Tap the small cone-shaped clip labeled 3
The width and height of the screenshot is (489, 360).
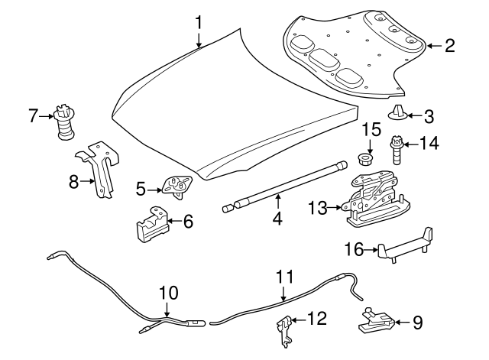pyautogui.click(x=397, y=115)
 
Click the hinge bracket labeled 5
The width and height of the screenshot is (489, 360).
pyautogui.click(x=176, y=186)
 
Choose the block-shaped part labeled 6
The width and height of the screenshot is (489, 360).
pyautogui.click(x=153, y=224)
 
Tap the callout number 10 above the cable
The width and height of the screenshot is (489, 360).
pyautogui.click(x=168, y=292)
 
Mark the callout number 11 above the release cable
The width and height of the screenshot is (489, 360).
pyautogui.click(x=284, y=277)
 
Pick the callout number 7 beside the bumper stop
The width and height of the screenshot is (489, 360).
pyautogui.click(x=33, y=116)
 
